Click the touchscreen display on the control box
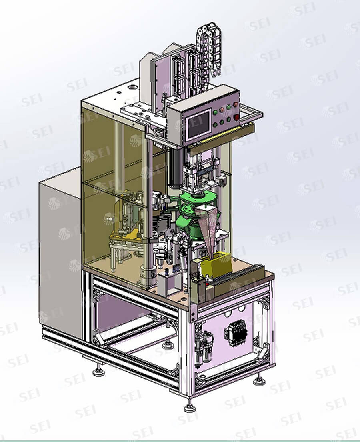point(199,124)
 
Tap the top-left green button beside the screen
point(216,112)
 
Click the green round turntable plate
point(198,197)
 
